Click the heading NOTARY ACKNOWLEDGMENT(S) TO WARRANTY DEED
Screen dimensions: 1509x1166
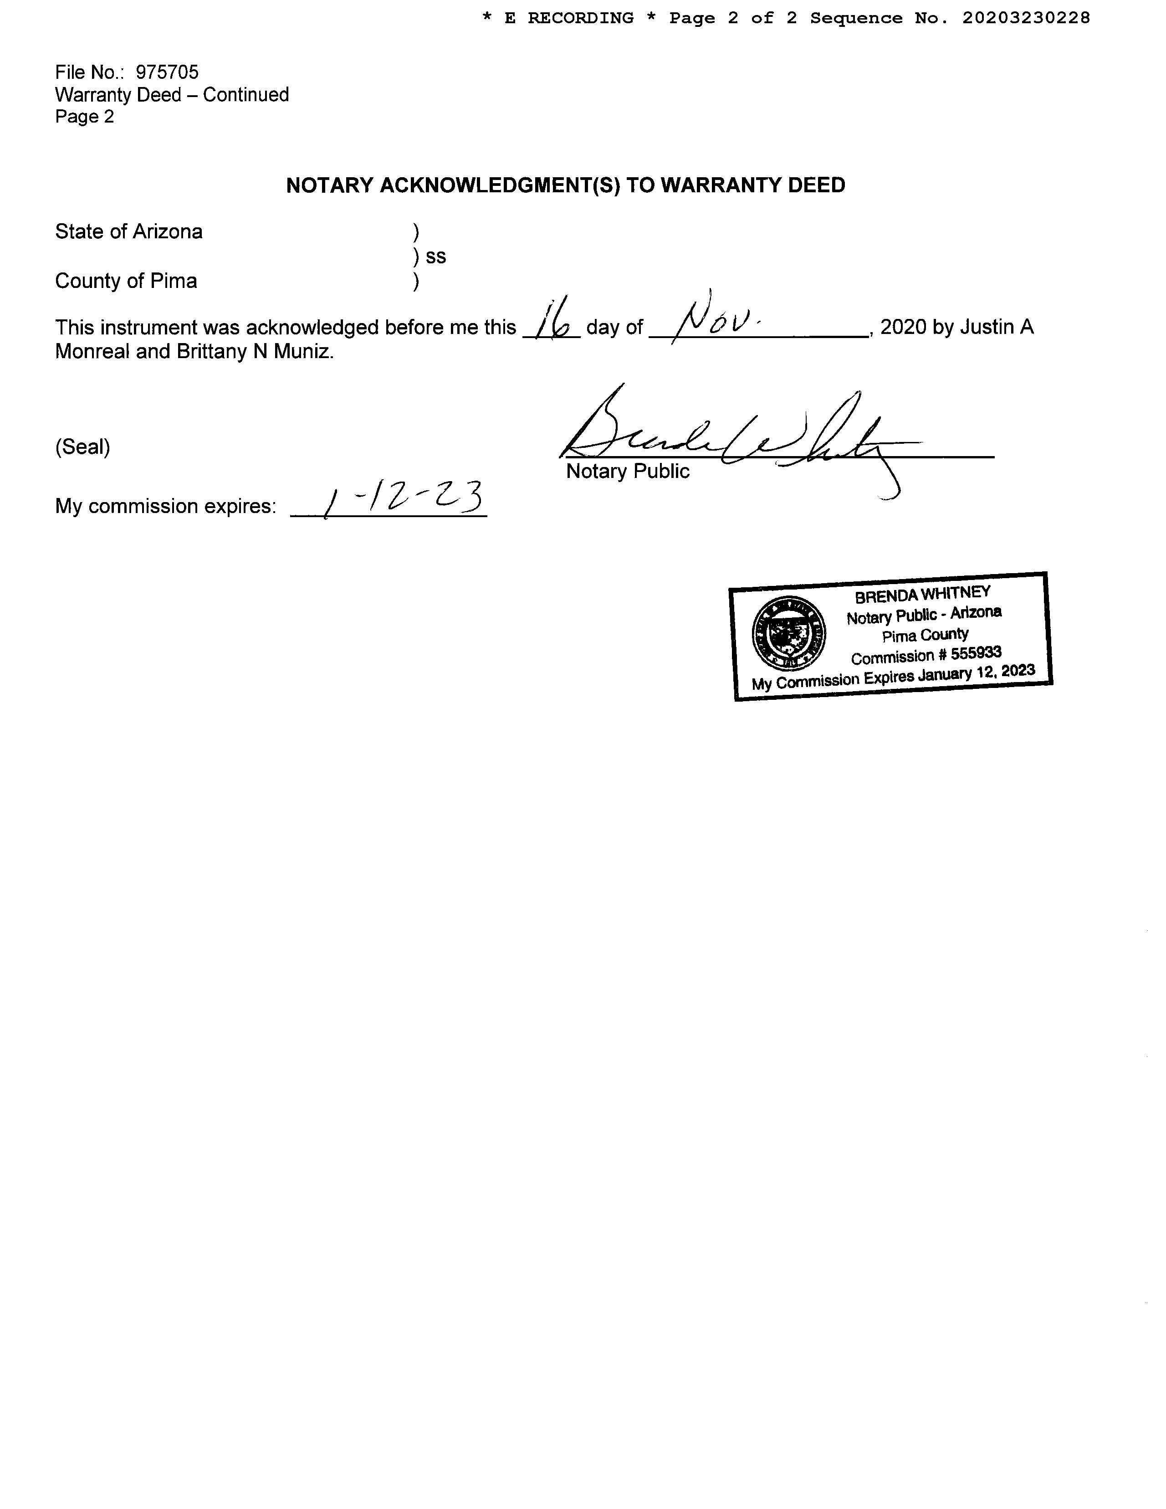tap(565, 185)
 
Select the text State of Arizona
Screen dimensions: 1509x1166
tap(128, 231)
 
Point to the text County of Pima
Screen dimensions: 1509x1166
tap(126, 281)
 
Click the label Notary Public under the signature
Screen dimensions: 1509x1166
tap(627, 471)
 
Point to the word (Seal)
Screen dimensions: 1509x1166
tap(83, 447)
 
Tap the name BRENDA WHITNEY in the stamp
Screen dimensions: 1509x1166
tap(922, 594)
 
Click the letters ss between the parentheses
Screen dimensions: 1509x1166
tap(436, 257)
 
